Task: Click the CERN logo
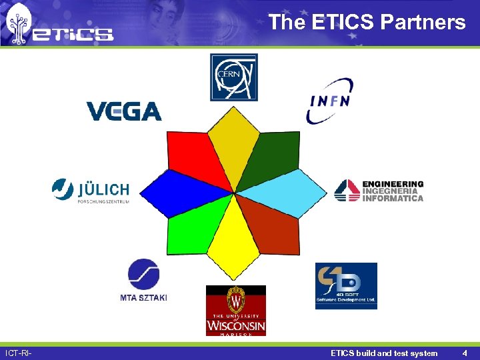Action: pos(234,77)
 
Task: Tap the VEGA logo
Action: pos(124,111)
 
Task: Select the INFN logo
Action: pos(330,101)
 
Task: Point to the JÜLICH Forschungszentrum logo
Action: pos(90,190)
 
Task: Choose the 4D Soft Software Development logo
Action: pos(346,286)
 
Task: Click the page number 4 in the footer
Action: pos(464,353)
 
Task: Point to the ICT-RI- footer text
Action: pos(19,353)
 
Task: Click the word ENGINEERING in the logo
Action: pos(393,184)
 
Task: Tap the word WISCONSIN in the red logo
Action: pos(236,325)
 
